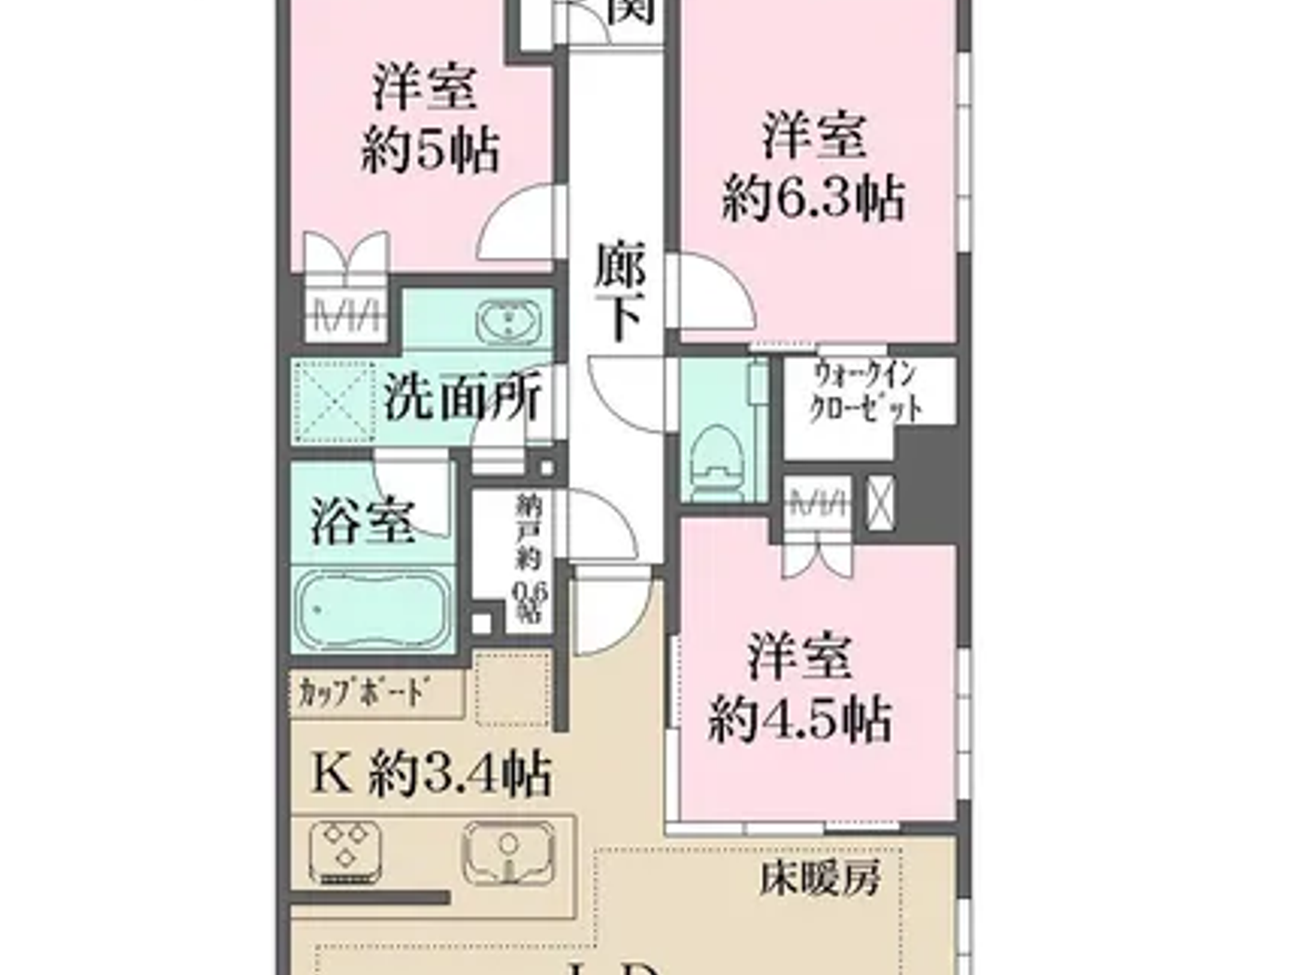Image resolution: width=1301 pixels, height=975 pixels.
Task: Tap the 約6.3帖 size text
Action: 813,199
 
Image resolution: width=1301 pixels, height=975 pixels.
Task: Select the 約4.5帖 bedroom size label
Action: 800,719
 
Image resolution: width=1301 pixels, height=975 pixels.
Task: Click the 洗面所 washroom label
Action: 462,400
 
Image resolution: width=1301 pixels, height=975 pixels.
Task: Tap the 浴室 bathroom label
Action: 361,521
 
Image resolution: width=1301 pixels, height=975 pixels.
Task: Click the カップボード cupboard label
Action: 364,693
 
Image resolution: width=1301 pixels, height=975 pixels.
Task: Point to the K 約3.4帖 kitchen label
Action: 431,773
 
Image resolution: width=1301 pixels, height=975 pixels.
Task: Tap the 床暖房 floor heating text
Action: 819,877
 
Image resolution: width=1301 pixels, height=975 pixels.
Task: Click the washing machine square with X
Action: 333,401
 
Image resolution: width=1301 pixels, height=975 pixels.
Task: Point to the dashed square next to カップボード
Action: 512,687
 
